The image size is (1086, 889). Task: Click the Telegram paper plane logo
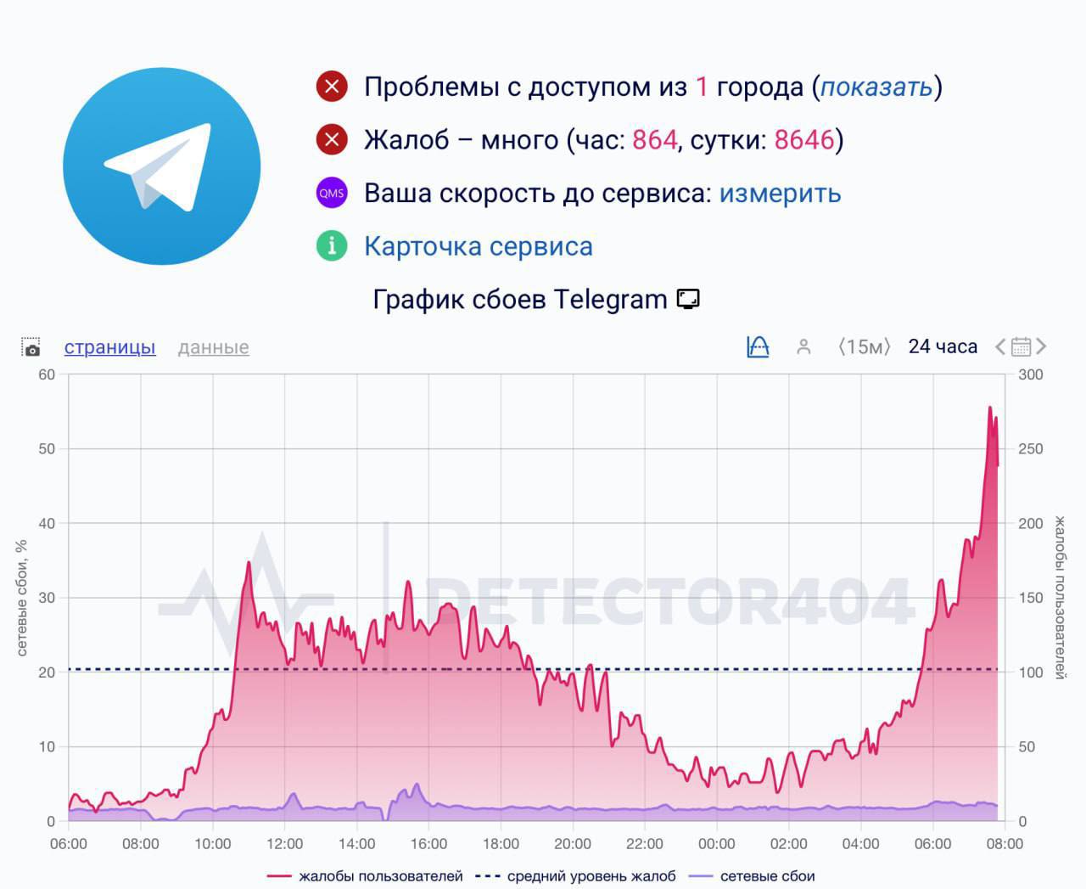161,166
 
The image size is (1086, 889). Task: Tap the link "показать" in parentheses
876,87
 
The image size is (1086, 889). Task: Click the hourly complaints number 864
654,140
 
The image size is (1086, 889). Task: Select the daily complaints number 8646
804,140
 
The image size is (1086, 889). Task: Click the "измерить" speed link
780,194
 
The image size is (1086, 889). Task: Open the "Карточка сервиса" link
478,246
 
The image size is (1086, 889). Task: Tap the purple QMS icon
332,193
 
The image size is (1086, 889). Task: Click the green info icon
332,246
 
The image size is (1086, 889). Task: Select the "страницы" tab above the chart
109,347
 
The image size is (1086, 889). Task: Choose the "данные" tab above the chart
213,347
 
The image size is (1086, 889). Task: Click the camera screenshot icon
31,347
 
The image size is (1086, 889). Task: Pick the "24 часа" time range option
942,346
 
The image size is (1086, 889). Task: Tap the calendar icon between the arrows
1021,346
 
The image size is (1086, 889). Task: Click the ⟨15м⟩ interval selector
864,346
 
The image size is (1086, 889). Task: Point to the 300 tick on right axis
1030,374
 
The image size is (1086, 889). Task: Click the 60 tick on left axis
47,374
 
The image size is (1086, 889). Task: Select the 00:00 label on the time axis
716,844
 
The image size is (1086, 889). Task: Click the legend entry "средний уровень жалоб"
591,876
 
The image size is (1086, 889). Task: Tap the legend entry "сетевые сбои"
766,876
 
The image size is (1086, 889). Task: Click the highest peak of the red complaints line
989,408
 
